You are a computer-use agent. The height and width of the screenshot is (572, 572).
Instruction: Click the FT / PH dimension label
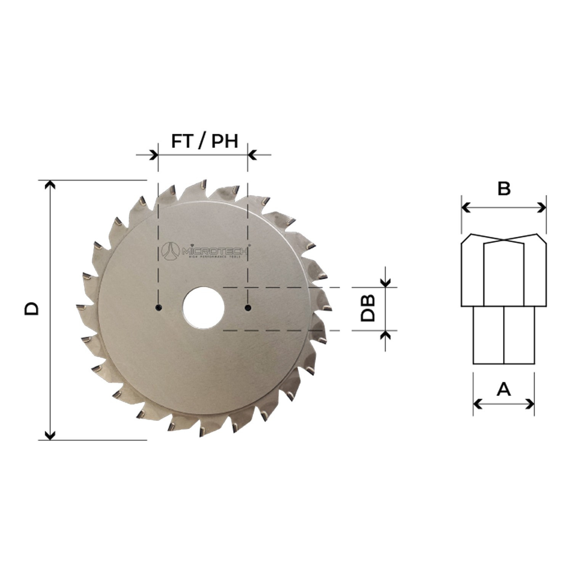click(204, 141)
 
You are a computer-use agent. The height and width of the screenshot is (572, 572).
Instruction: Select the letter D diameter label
click(32, 309)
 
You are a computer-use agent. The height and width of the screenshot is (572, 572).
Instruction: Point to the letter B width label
click(504, 189)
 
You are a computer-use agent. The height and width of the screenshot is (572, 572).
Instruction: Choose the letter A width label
click(503, 390)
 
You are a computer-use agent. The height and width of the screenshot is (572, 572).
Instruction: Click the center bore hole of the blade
click(203, 308)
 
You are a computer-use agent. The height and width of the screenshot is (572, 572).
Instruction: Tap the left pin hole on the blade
click(158, 307)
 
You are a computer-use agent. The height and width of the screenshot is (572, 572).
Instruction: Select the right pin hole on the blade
click(248, 307)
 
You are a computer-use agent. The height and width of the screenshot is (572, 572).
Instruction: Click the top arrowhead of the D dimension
click(50, 185)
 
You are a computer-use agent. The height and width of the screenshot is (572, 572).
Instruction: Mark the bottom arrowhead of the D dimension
click(50, 435)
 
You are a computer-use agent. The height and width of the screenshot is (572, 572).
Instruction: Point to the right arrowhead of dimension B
click(542, 208)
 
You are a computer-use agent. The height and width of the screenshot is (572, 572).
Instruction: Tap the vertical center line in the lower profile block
click(504, 336)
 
